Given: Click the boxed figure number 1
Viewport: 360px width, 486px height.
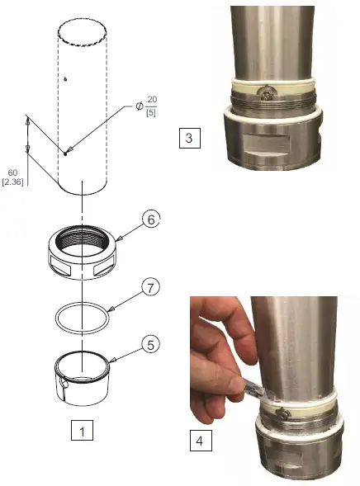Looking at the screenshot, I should (x=79, y=430).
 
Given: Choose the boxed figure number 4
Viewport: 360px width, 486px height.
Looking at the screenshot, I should (x=198, y=441).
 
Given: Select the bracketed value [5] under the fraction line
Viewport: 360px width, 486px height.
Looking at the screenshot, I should (x=152, y=111).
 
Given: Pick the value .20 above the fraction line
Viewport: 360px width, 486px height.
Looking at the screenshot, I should (x=151, y=99).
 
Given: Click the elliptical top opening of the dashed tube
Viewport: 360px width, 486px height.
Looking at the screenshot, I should (x=82, y=33).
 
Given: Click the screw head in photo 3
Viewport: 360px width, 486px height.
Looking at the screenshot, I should (x=263, y=94).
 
